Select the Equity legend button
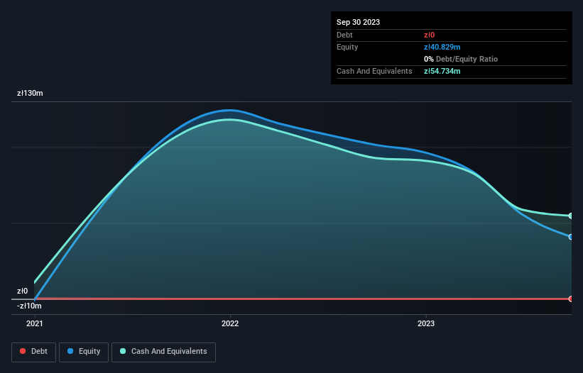[x=84, y=352]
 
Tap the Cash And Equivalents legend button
[x=163, y=352]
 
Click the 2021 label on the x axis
[x=34, y=324]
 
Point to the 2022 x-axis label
[x=230, y=324]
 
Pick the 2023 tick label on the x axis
[x=426, y=324]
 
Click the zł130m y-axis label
[x=31, y=93]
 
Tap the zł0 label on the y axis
[x=23, y=291]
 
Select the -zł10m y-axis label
[x=29, y=306]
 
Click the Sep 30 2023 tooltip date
[x=358, y=22]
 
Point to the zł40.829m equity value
[x=442, y=47]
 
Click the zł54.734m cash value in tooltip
[x=442, y=71]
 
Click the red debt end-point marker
[x=571, y=299]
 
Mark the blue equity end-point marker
[x=571, y=237]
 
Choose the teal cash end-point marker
[x=571, y=216]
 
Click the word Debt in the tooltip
[x=344, y=35]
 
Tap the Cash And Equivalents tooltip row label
[x=374, y=71]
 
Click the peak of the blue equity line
[x=228, y=110]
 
